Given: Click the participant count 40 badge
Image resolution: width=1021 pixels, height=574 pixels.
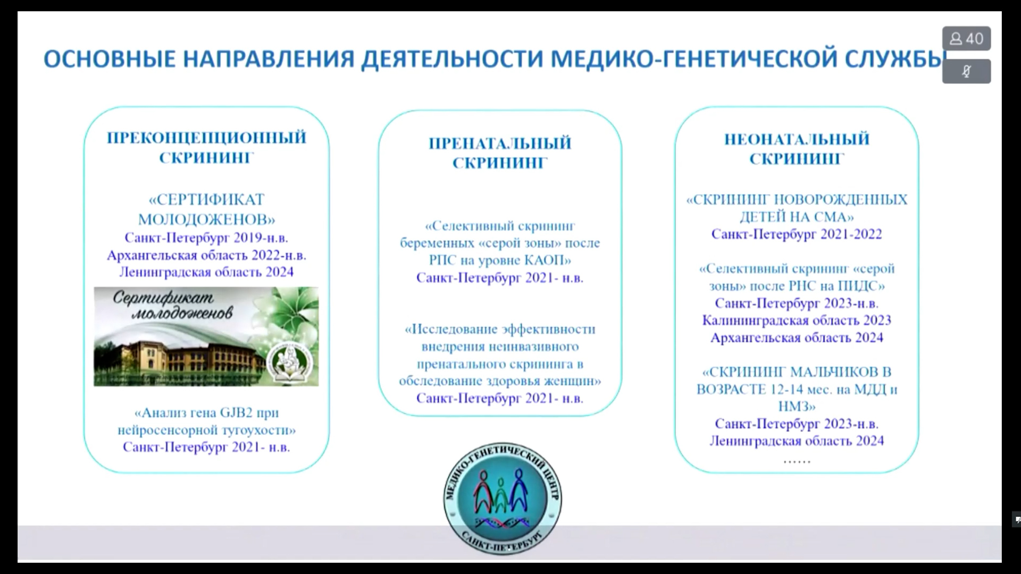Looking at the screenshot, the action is [x=966, y=38].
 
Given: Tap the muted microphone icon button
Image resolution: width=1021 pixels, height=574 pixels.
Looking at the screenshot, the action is [x=966, y=71].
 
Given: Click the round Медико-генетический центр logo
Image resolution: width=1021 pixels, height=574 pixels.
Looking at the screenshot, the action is [x=503, y=498].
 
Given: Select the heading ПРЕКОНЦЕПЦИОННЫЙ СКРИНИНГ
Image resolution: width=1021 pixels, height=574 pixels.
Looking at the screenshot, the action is [x=206, y=147].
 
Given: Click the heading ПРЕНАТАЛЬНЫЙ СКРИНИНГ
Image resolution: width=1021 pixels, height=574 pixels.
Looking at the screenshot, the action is [x=500, y=153].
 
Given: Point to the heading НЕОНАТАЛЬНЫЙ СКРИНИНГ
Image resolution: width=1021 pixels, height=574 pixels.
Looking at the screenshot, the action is [x=797, y=149].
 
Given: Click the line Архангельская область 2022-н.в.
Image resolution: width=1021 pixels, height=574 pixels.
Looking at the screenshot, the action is [x=206, y=255].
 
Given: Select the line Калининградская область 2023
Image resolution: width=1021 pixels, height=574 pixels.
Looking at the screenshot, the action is [x=797, y=320].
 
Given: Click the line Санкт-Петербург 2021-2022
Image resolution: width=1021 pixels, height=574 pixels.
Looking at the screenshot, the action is [x=797, y=234].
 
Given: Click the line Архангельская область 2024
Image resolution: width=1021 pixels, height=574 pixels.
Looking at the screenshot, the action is [x=797, y=337].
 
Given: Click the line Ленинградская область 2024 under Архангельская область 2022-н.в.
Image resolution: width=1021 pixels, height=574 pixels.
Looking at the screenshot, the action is [x=206, y=272].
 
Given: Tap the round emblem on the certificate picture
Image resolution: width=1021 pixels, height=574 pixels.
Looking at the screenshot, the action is [x=290, y=361].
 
